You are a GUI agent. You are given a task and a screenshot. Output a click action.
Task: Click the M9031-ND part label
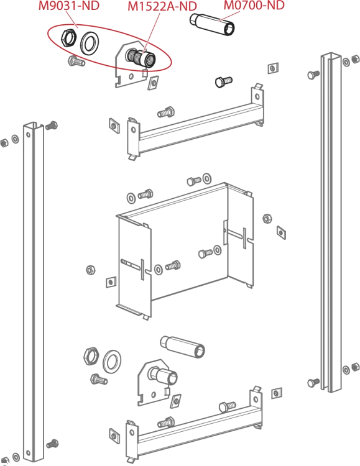coord(69,6)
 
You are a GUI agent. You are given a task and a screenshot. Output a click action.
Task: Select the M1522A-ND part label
coord(162,6)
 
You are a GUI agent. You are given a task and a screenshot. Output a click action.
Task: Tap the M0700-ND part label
coord(254,5)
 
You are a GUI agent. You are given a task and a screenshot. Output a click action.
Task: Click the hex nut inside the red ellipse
coord(69,37)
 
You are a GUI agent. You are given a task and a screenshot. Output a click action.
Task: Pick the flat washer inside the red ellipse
coord(90,43)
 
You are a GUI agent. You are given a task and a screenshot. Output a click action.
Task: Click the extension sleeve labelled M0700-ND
coord(212,25)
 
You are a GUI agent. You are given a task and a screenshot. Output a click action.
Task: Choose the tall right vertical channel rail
coord(331,222)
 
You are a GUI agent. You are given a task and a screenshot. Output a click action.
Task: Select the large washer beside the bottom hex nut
coord(112,361)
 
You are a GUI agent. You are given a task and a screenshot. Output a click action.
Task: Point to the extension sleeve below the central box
coord(182,347)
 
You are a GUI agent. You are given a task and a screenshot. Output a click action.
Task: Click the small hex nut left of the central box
coord(90,270)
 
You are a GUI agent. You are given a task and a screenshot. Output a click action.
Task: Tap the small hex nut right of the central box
coord(267,219)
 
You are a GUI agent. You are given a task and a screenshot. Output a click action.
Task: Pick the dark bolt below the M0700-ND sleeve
coord(223,81)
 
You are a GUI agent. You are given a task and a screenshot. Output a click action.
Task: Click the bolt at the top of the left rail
coord(52,126)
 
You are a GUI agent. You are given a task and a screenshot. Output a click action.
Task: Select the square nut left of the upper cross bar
coord(114,126)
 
